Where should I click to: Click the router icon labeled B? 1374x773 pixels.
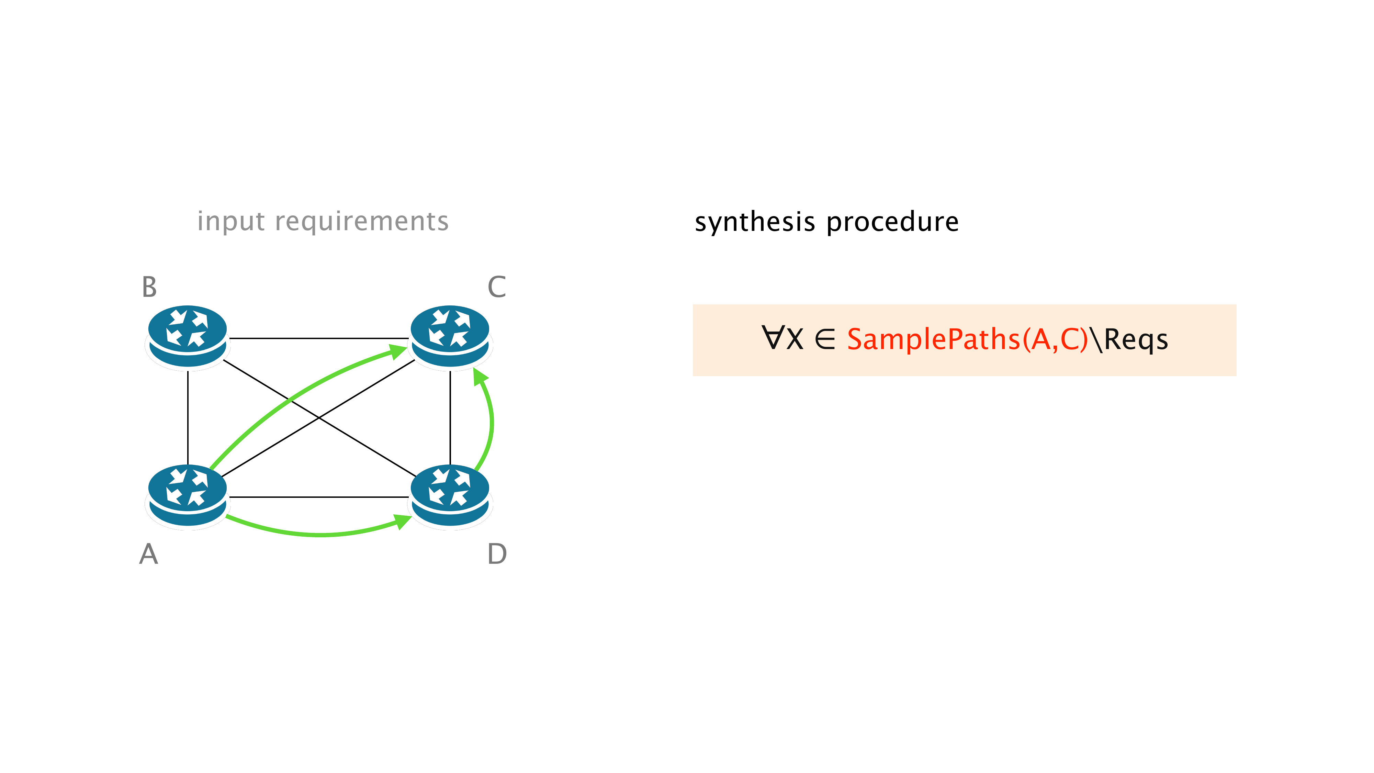pyautogui.click(x=187, y=336)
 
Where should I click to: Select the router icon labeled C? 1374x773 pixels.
pyautogui.click(x=450, y=336)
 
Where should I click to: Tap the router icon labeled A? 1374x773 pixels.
pyautogui.click(x=187, y=496)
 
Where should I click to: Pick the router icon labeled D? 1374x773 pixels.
pyautogui.click(x=450, y=496)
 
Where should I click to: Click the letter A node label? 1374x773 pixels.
pyautogui.click(x=149, y=554)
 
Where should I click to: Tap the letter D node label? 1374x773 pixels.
pyautogui.click(x=497, y=554)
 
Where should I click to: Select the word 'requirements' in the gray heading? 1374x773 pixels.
pyautogui.click(x=362, y=221)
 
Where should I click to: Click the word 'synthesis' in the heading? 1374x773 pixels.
pyautogui.click(x=755, y=221)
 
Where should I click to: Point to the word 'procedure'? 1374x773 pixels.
pyautogui.click(x=892, y=221)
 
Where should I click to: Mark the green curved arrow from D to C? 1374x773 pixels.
pyautogui.click(x=491, y=422)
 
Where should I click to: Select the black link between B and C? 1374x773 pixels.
pyautogui.click(x=318, y=338)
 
